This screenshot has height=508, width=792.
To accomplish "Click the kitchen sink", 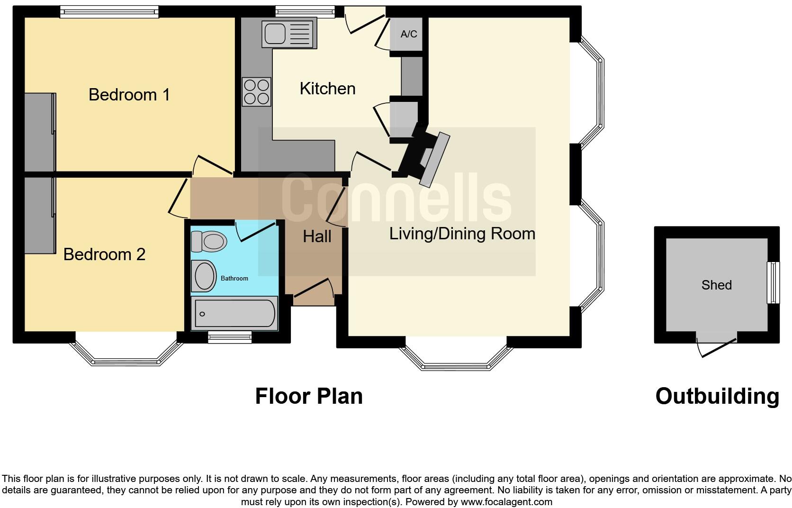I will [x=289, y=33].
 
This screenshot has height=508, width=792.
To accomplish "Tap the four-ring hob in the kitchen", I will [x=256, y=91].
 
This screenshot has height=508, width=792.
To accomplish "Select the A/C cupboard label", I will [x=409, y=34].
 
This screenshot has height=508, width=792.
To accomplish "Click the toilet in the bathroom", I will [x=208, y=242].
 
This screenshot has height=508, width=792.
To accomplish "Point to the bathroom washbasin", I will [x=205, y=276].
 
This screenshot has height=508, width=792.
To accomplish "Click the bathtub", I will [x=234, y=313].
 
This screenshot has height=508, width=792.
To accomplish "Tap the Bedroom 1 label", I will [x=129, y=95].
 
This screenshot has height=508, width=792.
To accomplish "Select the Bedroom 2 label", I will [x=104, y=254].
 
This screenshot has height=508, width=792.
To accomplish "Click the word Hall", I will [x=317, y=236].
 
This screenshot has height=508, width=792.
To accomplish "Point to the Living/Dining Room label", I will [x=462, y=234].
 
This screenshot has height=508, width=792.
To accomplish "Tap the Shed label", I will [x=716, y=285].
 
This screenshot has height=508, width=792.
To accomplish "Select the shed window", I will [x=773, y=282].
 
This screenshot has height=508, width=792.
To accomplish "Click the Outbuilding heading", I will [x=717, y=396].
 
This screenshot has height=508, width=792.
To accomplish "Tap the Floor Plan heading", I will [x=309, y=396].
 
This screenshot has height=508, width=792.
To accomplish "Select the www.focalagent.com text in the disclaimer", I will [x=506, y=502].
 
